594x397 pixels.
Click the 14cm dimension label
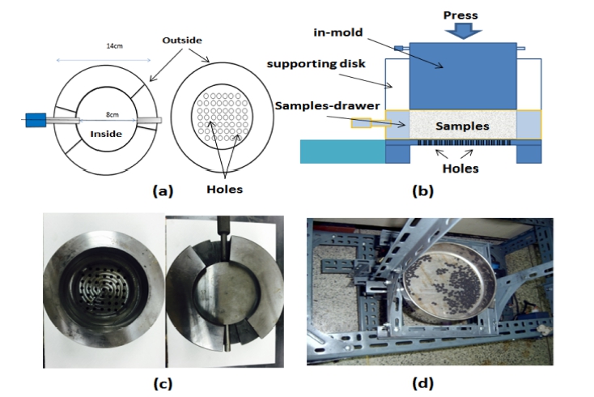point(114,46)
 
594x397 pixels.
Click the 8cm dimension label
point(112,114)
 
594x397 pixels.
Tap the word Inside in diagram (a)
point(106,134)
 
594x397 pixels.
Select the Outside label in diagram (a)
point(182,41)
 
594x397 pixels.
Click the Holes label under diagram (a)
point(225,190)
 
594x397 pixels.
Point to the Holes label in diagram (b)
point(460,169)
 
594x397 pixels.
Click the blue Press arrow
point(463,31)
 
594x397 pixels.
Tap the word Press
point(460,15)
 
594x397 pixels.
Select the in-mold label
point(338,32)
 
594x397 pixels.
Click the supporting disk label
point(316,64)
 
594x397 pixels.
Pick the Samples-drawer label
point(327,105)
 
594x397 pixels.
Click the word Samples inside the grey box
point(462,126)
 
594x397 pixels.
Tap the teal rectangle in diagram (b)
point(343,152)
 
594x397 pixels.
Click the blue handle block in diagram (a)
point(36,120)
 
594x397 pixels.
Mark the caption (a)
point(163,190)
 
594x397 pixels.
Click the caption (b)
point(422,190)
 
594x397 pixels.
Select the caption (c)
point(163,383)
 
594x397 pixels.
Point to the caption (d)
point(422,383)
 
